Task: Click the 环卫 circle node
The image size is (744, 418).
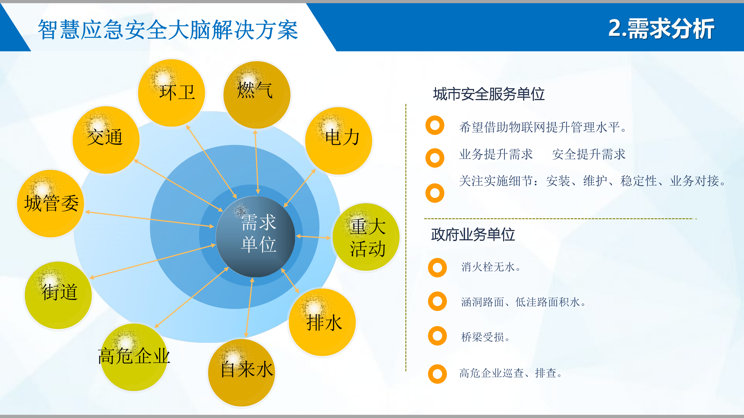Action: pyautogui.click(x=171, y=93)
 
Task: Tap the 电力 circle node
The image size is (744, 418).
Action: pyautogui.click(x=339, y=141)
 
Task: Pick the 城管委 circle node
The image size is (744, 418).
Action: pyautogui.click(x=51, y=203)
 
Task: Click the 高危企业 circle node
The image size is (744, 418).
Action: pyautogui.click(x=134, y=357)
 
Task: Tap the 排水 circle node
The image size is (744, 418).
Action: pyautogui.click(x=322, y=322)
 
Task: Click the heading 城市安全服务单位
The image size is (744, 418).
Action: pyautogui.click(x=489, y=94)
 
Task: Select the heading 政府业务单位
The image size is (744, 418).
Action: pyautogui.click(x=473, y=235)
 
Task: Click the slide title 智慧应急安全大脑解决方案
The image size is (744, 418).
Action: pyautogui.click(x=168, y=30)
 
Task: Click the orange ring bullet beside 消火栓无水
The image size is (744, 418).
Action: pyautogui.click(x=437, y=267)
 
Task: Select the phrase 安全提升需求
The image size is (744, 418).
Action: pyautogui.click(x=589, y=154)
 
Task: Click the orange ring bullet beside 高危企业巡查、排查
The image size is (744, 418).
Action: pyautogui.click(x=437, y=374)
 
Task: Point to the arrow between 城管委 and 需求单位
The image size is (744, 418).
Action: pyautogui.click(x=150, y=219)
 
